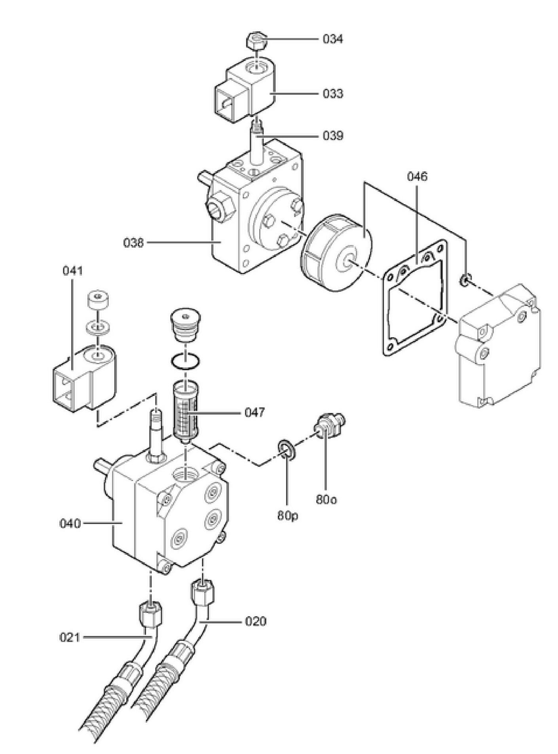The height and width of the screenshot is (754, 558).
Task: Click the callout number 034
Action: [x=333, y=39]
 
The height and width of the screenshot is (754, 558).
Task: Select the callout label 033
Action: [x=333, y=94]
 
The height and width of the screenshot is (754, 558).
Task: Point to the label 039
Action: [x=333, y=136]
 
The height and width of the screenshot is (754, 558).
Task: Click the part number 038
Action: [x=133, y=242]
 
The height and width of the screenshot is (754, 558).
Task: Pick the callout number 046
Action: [x=418, y=177]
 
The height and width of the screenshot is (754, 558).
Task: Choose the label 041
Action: [x=73, y=272]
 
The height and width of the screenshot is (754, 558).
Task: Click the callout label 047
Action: [x=254, y=412]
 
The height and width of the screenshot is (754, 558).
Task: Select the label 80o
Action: [x=326, y=500]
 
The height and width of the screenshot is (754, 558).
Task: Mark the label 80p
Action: [x=288, y=516]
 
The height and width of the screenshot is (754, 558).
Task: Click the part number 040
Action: [x=70, y=524]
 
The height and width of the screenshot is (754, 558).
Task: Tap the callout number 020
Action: [x=256, y=621]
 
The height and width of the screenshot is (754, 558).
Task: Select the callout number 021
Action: [x=70, y=638]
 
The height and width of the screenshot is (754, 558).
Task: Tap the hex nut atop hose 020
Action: [x=203, y=591]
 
